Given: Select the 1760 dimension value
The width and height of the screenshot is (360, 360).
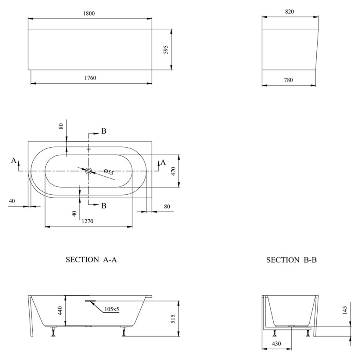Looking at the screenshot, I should [x=90, y=78].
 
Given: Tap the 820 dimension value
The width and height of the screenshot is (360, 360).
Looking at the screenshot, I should [x=290, y=12].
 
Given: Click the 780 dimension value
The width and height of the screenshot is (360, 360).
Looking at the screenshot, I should [x=288, y=80].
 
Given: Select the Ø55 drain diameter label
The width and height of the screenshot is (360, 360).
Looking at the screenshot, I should [x=109, y=172].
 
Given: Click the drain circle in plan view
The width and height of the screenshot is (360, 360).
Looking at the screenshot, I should [x=88, y=171].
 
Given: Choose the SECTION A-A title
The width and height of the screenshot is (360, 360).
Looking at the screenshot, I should [x=91, y=260].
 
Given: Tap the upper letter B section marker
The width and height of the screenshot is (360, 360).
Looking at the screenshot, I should [x=104, y=131].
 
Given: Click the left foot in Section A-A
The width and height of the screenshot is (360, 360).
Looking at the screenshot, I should [x=53, y=331].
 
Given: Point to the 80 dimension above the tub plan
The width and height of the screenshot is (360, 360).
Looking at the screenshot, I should [x=61, y=126].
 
